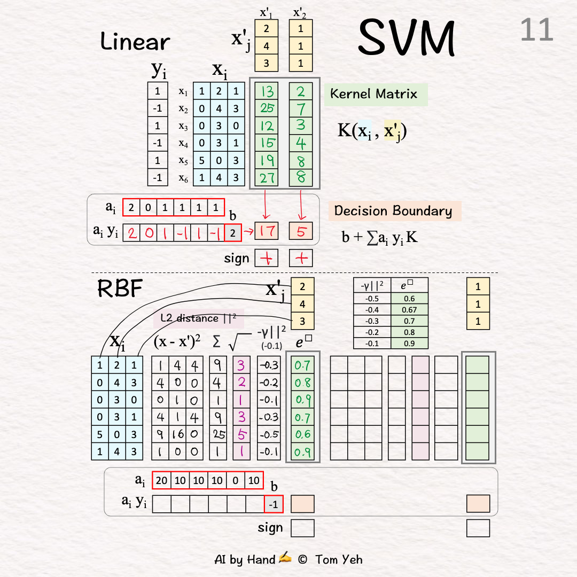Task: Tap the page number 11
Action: [x=536, y=30]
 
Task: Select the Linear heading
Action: [x=135, y=42]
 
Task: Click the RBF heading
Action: [x=120, y=288]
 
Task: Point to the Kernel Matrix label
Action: [x=373, y=94]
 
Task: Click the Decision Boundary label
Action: [x=393, y=210]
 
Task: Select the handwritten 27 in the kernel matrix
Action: [x=267, y=177]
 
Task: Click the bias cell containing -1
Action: [x=274, y=504]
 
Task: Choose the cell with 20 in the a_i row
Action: [x=161, y=480]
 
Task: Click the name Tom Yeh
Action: [x=339, y=559]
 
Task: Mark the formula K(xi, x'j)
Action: [x=372, y=130]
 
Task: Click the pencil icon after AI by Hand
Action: [x=285, y=559]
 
